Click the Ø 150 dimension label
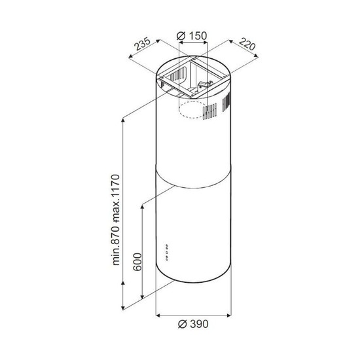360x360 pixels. click(x=192, y=35)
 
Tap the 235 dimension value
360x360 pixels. click(x=142, y=44)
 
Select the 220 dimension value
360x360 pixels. click(x=247, y=44)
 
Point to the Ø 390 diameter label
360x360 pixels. click(x=193, y=324)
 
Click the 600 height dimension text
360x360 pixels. click(x=137, y=262)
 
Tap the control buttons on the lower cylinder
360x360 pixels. click(x=167, y=253)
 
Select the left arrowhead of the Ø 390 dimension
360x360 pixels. click(x=158, y=315)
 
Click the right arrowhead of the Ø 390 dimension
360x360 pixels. click(x=229, y=315)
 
